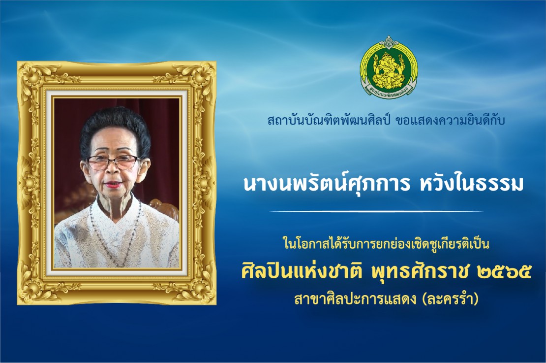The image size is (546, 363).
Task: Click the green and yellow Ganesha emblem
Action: [x=389, y=67]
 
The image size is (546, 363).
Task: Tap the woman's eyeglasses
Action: [x=112, y=162]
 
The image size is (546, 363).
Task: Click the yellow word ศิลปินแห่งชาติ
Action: [x=302, y=271]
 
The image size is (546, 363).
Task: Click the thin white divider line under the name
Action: [x=376, y=211]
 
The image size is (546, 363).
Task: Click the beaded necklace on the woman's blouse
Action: [x=116, y=230]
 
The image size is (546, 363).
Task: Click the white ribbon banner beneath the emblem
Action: [x=389, y=92]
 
